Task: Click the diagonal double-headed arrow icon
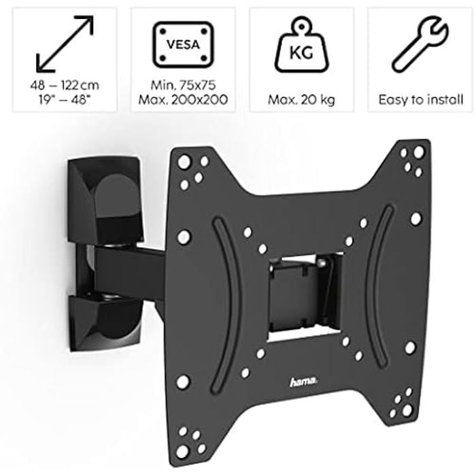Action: (x=65, y=44)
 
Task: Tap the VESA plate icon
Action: (x=183, y=44)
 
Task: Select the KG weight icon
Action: (x=301, y=45)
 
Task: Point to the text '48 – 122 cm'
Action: (x=65, y=85)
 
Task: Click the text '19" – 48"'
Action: (x=65, y=99)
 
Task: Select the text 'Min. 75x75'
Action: (x=183, y=85)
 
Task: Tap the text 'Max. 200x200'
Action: (x=183, y=99)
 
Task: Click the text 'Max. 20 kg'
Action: (x=301, y=100)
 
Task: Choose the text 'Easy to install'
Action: (x=421, y=100)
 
